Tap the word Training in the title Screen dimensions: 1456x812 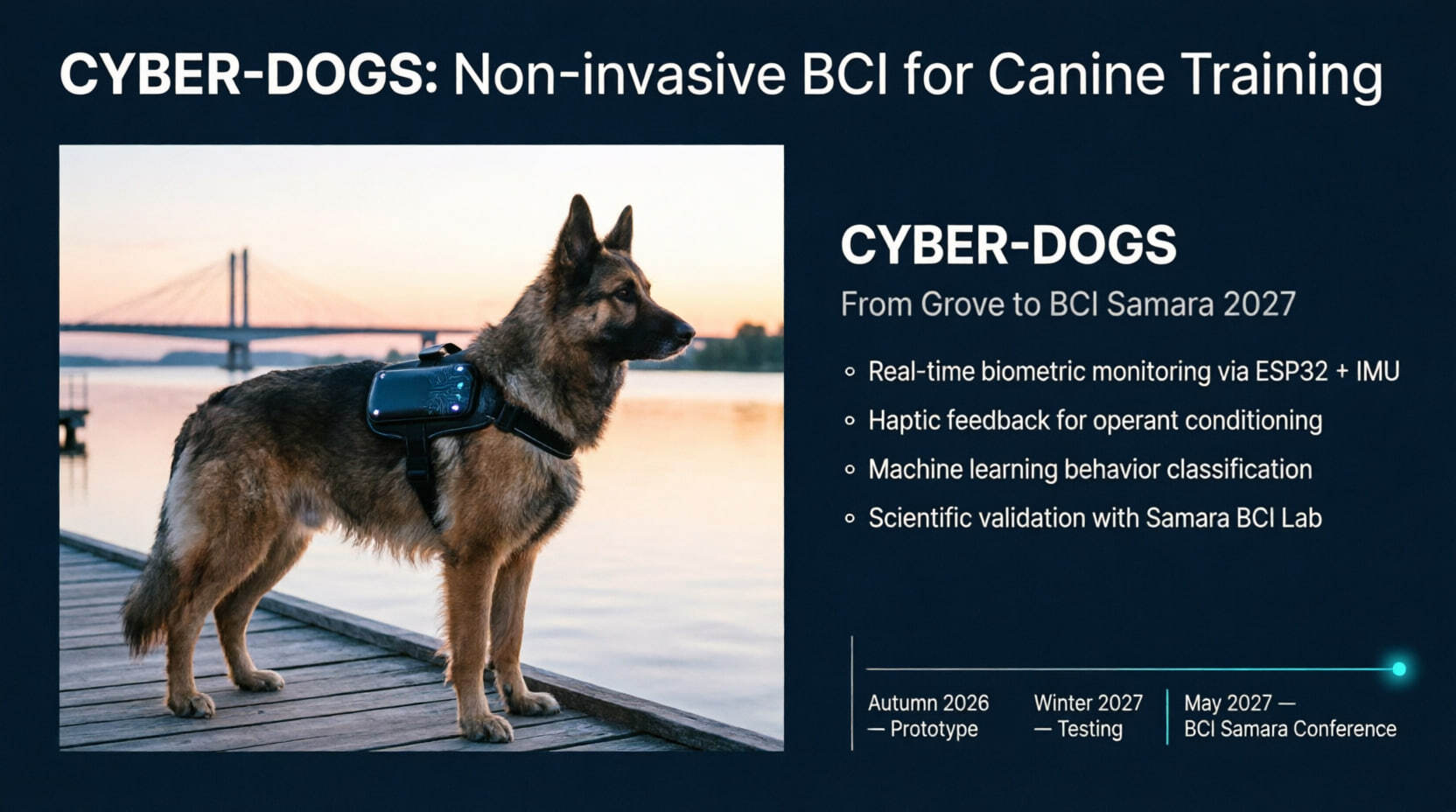(1283, 77)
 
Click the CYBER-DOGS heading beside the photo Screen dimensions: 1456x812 (1008, 245)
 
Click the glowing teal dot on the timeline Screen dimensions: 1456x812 (1399, 668)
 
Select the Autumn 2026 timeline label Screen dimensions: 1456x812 (928, 703)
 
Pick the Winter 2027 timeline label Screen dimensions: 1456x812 (1088, 703)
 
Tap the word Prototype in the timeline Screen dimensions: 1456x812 (934, 730)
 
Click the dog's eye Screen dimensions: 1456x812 (626, 293)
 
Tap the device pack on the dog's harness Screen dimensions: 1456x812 (423, 392)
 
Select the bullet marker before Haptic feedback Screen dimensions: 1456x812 (849, 421)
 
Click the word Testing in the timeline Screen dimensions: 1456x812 (1090, 730)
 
